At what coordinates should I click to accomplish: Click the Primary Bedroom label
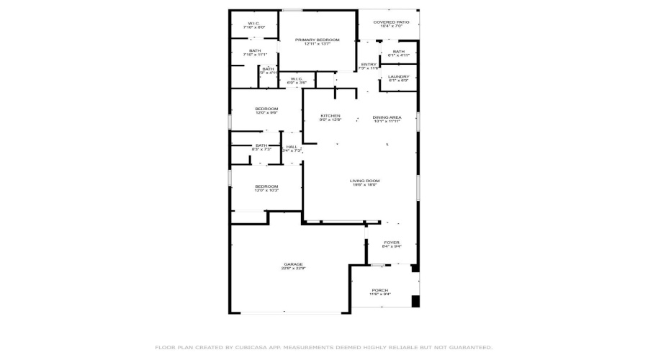pos(317,40)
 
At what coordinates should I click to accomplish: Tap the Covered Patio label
pos(391,22)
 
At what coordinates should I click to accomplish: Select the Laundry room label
pos(398,76)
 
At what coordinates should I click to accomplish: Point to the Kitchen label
pos(330,116)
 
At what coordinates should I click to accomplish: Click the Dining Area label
pos(387,117)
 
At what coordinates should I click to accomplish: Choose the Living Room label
pos(365,181)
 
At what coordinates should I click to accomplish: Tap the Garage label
pos(293,264)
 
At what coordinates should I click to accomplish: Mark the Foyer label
pos(391,243)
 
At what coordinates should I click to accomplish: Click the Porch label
pos(379,289)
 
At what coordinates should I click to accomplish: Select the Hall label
pos(292,147)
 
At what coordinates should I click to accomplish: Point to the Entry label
pos(369,65)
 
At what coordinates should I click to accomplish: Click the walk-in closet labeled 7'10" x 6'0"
pos(254,23)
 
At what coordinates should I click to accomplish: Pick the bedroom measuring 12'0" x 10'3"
pos(266,186)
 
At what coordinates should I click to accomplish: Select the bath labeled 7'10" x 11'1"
pos(255,50)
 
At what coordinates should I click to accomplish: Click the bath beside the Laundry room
pos(398,51)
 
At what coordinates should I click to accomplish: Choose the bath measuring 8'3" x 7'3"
pos(261,145)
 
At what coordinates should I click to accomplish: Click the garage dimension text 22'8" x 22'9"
pos(293,269)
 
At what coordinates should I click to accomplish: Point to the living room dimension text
pos(365,185)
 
